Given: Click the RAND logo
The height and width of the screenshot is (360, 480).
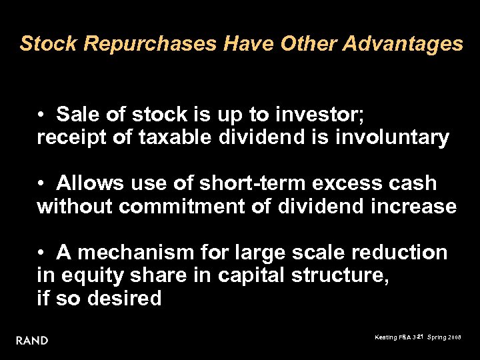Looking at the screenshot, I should (32, 340).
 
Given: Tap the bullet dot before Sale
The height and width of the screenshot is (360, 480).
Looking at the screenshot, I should (41, 115).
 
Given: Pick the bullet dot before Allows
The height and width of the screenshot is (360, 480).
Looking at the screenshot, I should (41, 183).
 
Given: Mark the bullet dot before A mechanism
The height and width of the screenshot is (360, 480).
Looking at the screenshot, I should (41, 253).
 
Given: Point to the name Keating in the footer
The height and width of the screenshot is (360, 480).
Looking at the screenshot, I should (385, 338).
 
